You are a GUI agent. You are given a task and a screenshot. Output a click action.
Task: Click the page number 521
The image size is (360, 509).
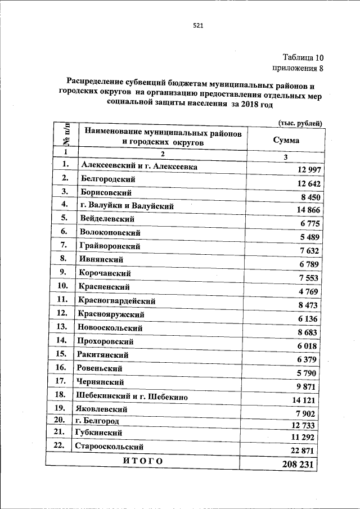pos(197,25)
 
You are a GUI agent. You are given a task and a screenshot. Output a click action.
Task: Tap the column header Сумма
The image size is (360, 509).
pos(286,141)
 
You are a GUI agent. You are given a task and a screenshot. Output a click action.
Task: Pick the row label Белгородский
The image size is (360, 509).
pos(108,179)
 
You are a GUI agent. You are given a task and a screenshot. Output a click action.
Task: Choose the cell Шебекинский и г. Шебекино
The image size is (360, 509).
pos(132,396)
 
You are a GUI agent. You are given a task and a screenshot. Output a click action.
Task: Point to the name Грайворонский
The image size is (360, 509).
pos(110,246)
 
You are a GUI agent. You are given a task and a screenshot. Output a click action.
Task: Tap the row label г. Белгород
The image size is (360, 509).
pos(96,420)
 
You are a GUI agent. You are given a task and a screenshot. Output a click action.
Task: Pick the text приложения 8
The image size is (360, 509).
pos(298,69)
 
